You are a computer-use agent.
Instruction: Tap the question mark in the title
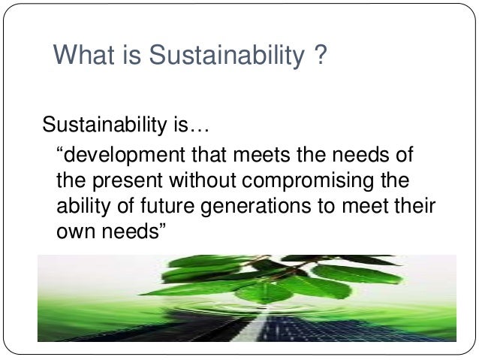[319, 56]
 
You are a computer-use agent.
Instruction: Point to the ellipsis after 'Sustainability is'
[196, 125]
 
